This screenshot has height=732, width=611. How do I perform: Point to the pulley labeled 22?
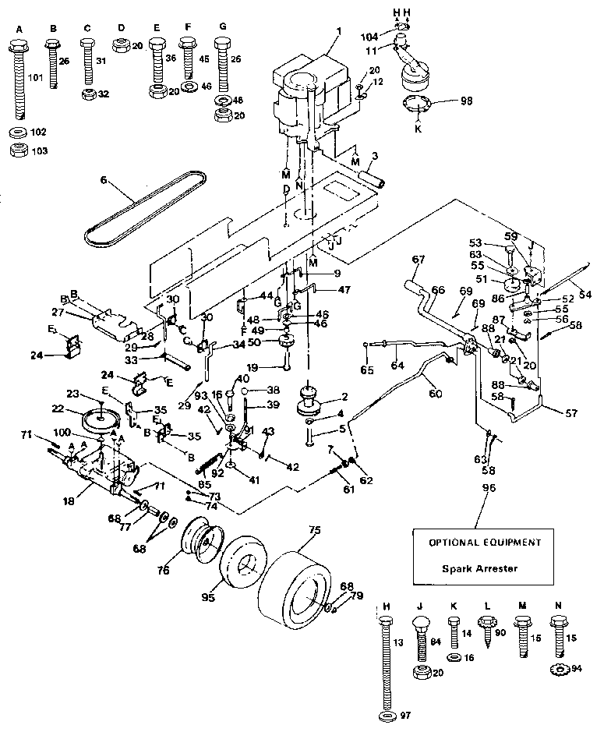pos(100,420)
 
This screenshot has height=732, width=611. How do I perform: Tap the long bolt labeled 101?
pos(19,78)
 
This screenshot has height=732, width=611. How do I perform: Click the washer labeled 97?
pos(385,715)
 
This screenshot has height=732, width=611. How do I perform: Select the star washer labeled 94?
pos(558,668)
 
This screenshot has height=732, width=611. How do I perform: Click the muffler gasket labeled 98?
pos(416,102)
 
